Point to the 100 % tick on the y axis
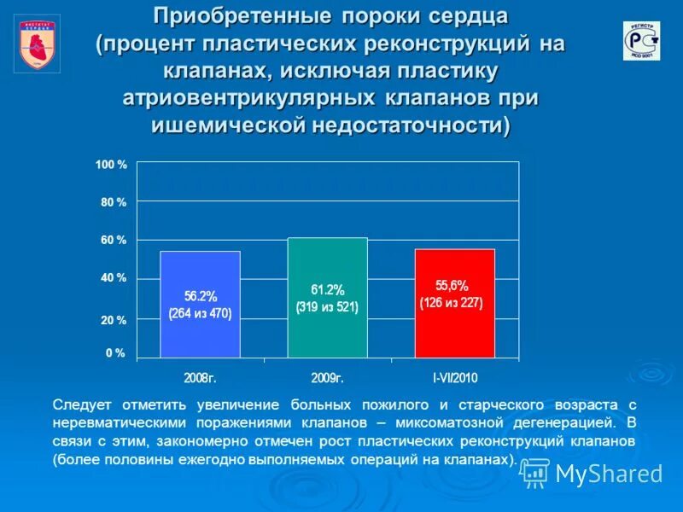click(111, 165)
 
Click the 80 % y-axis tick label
click(114, 202)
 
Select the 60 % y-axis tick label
click(114, 241)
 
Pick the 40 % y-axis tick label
click(114, 278)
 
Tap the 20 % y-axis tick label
click(114, 320)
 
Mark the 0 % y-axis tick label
click(115, 352)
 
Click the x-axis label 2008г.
click(200, 376)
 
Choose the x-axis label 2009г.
click(327, 376)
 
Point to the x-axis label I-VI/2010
click(454, 376)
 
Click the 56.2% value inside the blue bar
click(201, 296)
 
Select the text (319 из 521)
click(327, 307)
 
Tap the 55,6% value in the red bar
click(452, 286)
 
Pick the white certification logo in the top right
click(641, 41)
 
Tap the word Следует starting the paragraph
click(85, 404)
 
